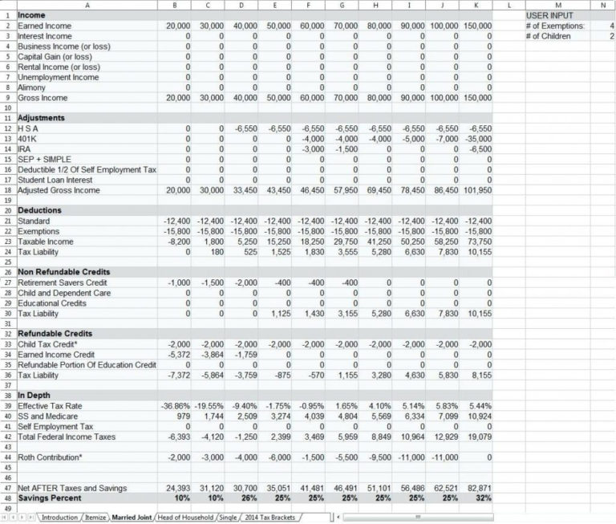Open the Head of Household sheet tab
(x=186, y=518)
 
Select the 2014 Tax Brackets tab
(x=269, y=518)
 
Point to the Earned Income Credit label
(x=51, y=354)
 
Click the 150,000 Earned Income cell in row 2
(x=478, y=26)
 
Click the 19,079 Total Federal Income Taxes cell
(x=480, y=437)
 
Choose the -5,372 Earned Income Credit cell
(x=179, y=354)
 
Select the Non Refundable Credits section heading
(x=63, y=272)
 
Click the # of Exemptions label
(x=554, y=26)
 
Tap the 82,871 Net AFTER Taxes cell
(x=480, y=488)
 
